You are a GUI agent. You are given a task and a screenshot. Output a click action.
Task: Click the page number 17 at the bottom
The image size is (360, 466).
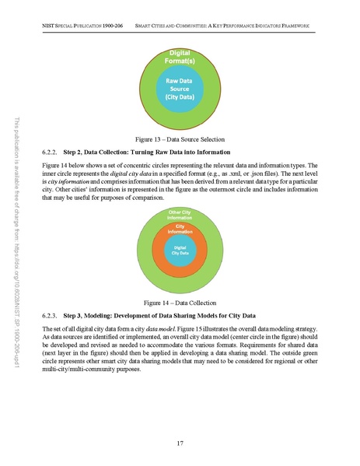180,443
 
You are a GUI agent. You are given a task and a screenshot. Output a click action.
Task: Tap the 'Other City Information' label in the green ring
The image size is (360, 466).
180,215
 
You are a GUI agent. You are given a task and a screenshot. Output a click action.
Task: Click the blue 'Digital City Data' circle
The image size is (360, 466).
180,251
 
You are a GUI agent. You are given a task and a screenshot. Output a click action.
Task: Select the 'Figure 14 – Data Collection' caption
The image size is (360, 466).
180,301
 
